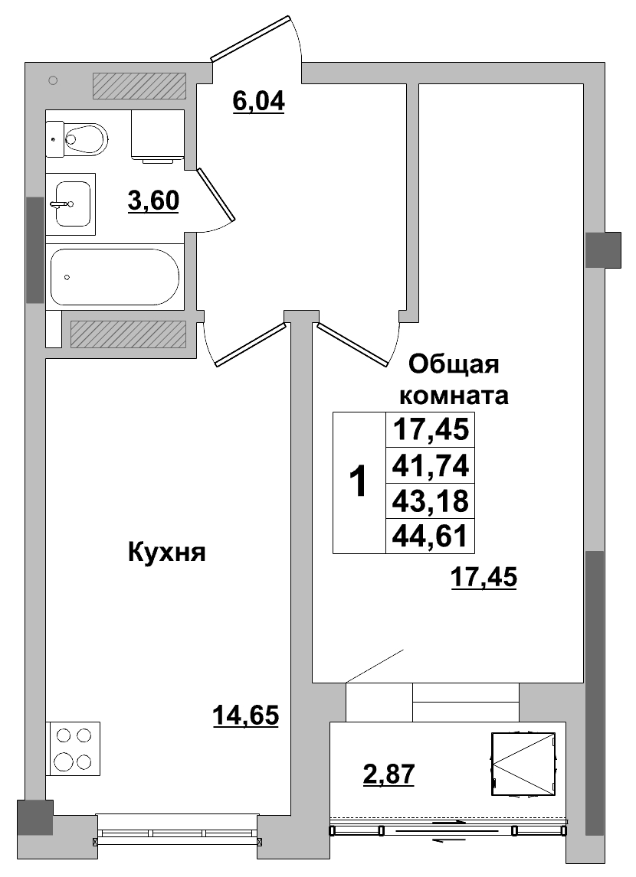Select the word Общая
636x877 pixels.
pos(454,364)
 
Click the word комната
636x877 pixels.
pos(455,396)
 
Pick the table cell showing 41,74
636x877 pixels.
pos(430,465)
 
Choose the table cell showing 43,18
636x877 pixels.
pos(430,500)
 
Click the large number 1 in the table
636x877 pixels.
pos(358,482)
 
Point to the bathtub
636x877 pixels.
pos(115,276)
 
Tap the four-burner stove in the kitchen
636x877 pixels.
pos(73,748)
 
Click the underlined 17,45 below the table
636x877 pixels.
pos(484,579)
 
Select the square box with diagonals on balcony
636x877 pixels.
pos(523,765)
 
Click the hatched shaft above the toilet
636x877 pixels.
pos(139,86)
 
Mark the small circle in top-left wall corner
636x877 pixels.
pos(53,80)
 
